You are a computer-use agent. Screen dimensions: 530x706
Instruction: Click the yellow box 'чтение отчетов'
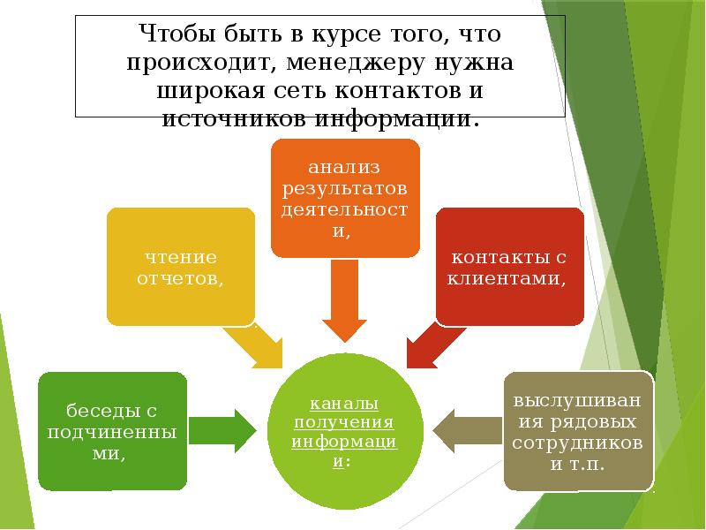point(181,266)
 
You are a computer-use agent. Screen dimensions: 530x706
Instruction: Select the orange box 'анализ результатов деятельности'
point(345,198)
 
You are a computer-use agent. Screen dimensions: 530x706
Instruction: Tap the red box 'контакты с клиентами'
point(509,266)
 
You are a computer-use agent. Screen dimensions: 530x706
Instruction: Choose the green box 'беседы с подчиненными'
point(112,431)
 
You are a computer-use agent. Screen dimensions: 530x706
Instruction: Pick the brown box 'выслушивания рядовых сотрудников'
point(578,431)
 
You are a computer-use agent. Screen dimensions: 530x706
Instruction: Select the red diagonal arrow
point(432,344)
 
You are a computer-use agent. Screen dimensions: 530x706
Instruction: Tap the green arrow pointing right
point(222,431)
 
